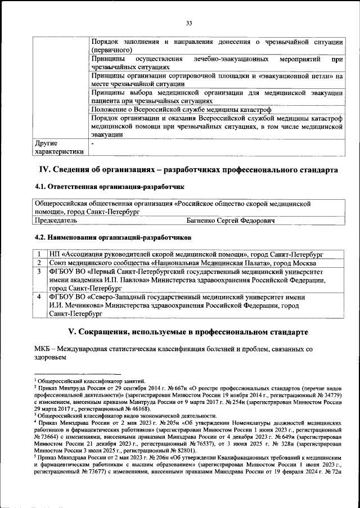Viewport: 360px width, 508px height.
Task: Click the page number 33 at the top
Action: [189, 23]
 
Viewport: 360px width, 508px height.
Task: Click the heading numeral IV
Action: [44, 169]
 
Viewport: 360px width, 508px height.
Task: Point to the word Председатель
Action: [57, 222]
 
